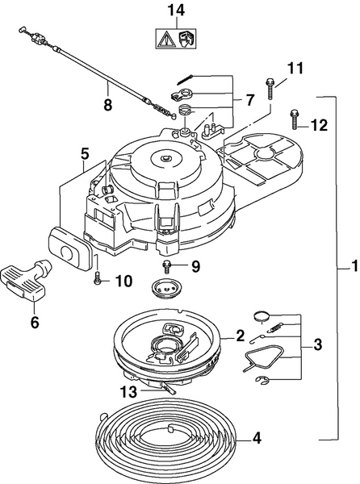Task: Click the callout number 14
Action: (x=175, y=10)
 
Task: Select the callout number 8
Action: (x=108, y=103)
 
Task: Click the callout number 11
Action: (x=295, y=69)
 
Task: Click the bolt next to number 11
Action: (x=268, y=86)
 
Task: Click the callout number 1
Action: (x=345, y=265)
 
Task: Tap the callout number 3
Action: (x=317, y=344)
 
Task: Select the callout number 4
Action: (x=257, y=439)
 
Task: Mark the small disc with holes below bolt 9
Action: (x=167, y=289)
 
